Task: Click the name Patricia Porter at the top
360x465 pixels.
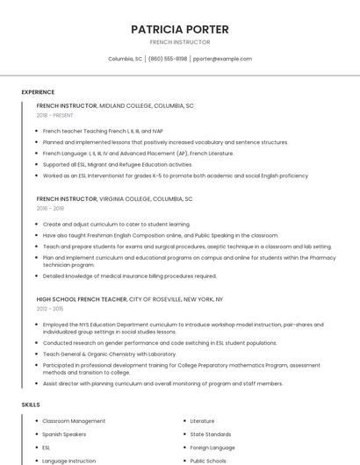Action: (x=180, y=29)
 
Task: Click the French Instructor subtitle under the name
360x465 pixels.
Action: (x=180, y=42)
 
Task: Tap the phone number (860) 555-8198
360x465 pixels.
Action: (x=168, y=59)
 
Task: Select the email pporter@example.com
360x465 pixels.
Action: (x=222, y=59)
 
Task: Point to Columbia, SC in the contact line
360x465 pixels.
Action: (x=125, y=59)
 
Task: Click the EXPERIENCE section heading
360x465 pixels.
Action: (x=38, y=92)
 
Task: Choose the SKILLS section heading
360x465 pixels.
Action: (x=31, y=404)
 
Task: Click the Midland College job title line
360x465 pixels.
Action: (x=115, y=105)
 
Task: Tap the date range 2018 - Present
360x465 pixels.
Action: (x=55, y=115)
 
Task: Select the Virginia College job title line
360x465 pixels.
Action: (x=114, y=199)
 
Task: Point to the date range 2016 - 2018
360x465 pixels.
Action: (x=50, y=209)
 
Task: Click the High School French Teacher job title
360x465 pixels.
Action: (x=130, y=299)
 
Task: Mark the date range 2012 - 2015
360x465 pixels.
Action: (x=50, y=309)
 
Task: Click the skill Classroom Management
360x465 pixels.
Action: (x=74, y=421)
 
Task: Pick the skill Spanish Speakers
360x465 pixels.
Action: (x=64, y=434)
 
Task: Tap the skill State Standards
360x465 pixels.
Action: (x=211, y=434)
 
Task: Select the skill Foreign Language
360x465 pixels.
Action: (x=212, y=447)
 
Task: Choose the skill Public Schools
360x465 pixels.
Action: (x=208, y=461)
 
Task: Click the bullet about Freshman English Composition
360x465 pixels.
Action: (x=161, y=235)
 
